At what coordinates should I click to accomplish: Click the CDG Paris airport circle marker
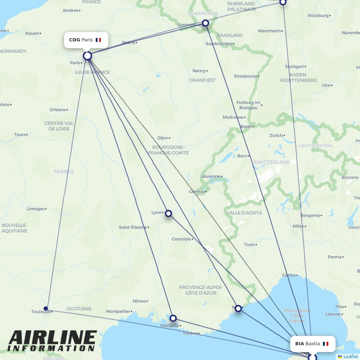click(87, 56)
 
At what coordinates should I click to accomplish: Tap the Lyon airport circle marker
click(168, 213)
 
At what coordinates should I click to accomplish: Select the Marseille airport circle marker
click(173, 318)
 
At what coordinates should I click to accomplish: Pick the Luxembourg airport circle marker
click(205, 23)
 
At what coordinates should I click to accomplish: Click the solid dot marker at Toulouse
click(46, 308)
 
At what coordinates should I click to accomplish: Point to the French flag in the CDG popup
click(98, 40)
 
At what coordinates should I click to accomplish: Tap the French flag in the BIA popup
click(326, 344)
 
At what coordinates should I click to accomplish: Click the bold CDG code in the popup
click(75, 40)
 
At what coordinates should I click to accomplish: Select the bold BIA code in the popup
click(300, 344)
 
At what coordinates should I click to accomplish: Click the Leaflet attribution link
click(350, 356)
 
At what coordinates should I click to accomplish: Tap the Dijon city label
click(163, 138)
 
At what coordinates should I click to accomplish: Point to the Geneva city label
click(197, 192)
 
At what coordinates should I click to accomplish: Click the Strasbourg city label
click(246, 76)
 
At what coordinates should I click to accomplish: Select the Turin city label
click(249, 245)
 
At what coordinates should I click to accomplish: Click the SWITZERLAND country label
click(272, 162)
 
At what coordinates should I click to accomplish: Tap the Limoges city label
click(36, 209)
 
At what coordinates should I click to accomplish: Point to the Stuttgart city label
click(294, 67)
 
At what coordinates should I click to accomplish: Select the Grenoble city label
click(181, 239)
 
